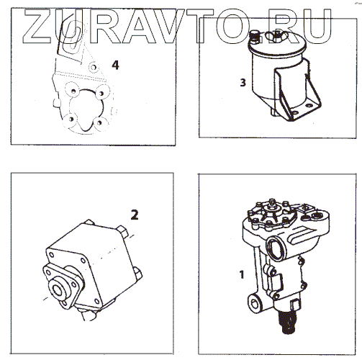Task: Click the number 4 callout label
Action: point(115,65)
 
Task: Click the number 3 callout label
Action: point(243,83)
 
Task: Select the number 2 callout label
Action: point(135,215)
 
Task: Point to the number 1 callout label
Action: point(242,274)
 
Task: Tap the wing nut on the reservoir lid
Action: point(273,36)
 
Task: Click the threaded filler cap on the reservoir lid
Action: point(254,37)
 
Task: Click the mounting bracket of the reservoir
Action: point(297,96)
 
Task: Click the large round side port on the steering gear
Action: point(276,249)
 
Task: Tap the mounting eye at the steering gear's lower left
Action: point(254,304)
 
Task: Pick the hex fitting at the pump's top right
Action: point(122,231)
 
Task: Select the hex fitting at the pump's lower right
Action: point(137,274)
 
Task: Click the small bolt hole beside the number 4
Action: point(94,67)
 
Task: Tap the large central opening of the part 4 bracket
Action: point(86,109)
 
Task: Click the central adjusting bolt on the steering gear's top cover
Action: point(272,206)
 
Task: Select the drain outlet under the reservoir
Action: point(273,112)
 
